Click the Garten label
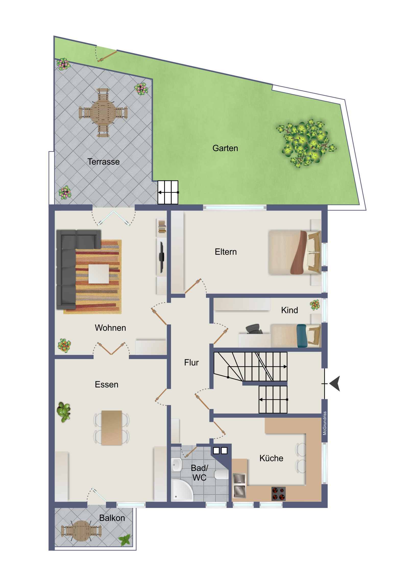tap(225, 148)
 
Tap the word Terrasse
tap(103, 162)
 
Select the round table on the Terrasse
tap(103, 113)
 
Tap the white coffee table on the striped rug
tap(99, 274)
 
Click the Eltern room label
tap(226, 252)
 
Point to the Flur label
tap(191, 362)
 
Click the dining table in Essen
tap(112, 428)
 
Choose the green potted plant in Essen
tap(63, 412)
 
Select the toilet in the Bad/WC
tap(221, 474)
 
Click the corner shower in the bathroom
tap(181, 490)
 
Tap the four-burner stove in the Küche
tap(278, 494)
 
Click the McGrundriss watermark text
tap(324, 423)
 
